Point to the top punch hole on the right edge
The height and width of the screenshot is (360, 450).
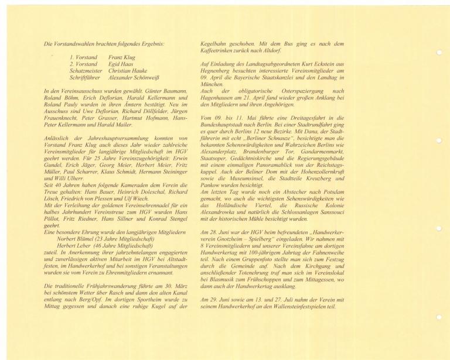[439, 52]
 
